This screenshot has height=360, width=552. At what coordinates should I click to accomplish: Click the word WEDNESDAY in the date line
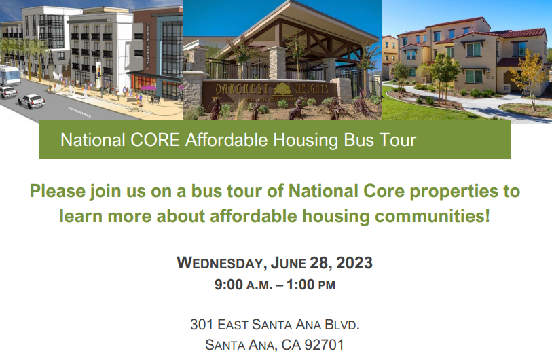(221, 263)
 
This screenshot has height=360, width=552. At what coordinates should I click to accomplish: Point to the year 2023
(354, 263)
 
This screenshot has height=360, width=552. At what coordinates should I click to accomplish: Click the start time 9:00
(229, 285)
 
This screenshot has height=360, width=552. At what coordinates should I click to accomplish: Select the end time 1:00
(301, 285)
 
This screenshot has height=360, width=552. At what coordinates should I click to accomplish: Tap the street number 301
(202, 324)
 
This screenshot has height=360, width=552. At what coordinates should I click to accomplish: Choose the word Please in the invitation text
(57, 191)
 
